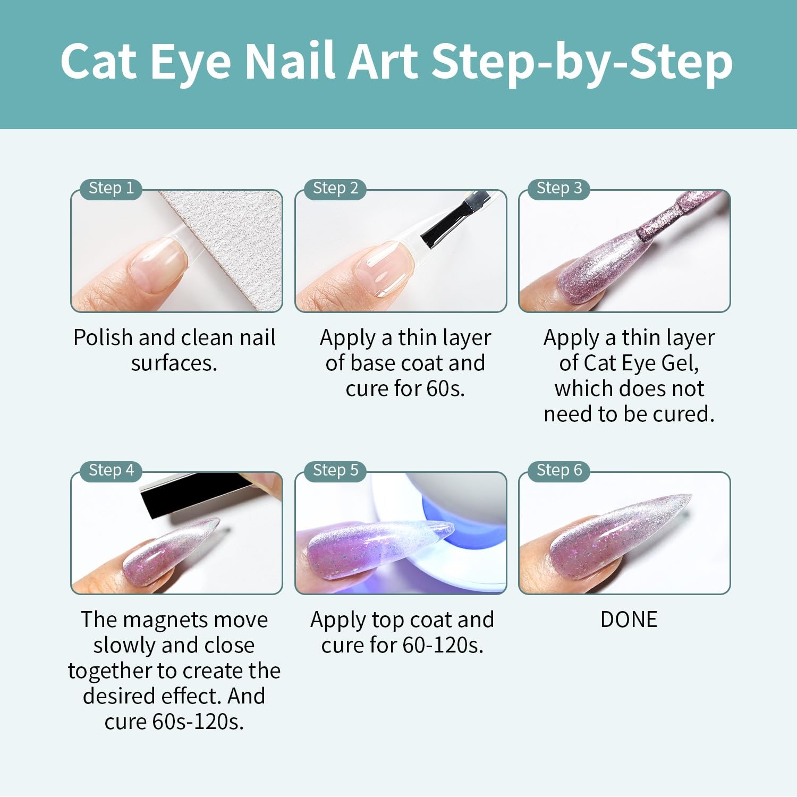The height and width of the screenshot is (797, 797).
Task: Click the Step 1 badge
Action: [111, 188]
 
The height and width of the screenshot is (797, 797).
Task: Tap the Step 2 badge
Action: [335, 188]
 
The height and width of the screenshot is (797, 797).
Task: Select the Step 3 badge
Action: [559, 188]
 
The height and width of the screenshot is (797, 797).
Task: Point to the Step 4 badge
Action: [111, 470]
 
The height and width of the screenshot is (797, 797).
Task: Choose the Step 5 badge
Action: [335, 470]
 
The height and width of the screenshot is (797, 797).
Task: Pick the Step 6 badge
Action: [559, 470]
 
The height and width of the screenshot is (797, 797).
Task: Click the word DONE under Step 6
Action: [629, 620]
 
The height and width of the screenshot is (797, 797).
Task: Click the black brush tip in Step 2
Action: [454, 218]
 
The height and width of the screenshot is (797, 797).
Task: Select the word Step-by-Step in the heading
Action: [582, 63]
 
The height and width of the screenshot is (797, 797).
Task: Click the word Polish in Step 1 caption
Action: [103, 337]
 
